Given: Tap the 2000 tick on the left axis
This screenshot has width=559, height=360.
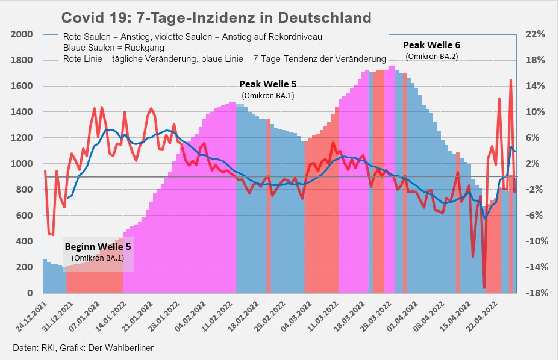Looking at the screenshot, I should (22, 34).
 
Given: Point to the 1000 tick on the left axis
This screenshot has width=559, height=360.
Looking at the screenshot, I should (22, 164).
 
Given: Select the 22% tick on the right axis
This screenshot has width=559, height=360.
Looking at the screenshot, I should (535, 34).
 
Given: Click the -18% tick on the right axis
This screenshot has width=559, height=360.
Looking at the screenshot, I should (535, 293).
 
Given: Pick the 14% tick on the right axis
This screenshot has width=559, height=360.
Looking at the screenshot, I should (535, 86).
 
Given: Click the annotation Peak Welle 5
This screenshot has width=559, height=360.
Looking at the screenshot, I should (267, 84).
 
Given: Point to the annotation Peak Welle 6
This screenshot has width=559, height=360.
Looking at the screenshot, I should (431, 45).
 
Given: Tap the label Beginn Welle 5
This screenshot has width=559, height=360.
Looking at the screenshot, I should (98, 247).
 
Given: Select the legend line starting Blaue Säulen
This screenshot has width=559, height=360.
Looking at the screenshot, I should (114, 48).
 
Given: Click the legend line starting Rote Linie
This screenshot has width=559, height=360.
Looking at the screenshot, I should (224, 59).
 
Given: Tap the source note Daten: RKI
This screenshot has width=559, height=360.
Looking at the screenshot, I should (88, 348).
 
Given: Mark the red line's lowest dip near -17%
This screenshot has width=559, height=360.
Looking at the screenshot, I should (484, 287).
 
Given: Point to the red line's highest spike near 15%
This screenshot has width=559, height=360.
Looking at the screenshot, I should (511, 80).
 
